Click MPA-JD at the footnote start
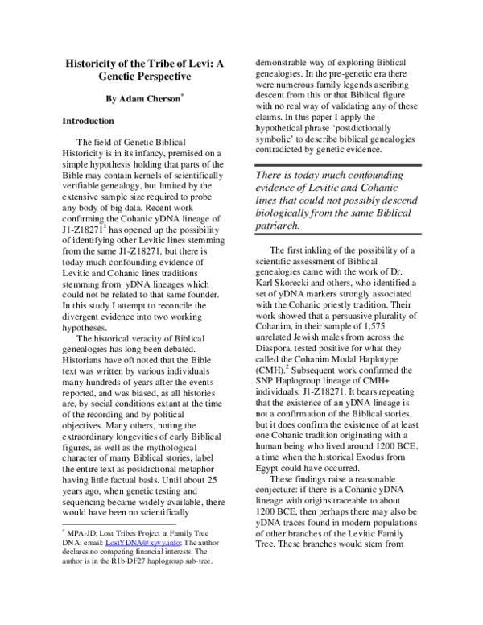85,578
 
